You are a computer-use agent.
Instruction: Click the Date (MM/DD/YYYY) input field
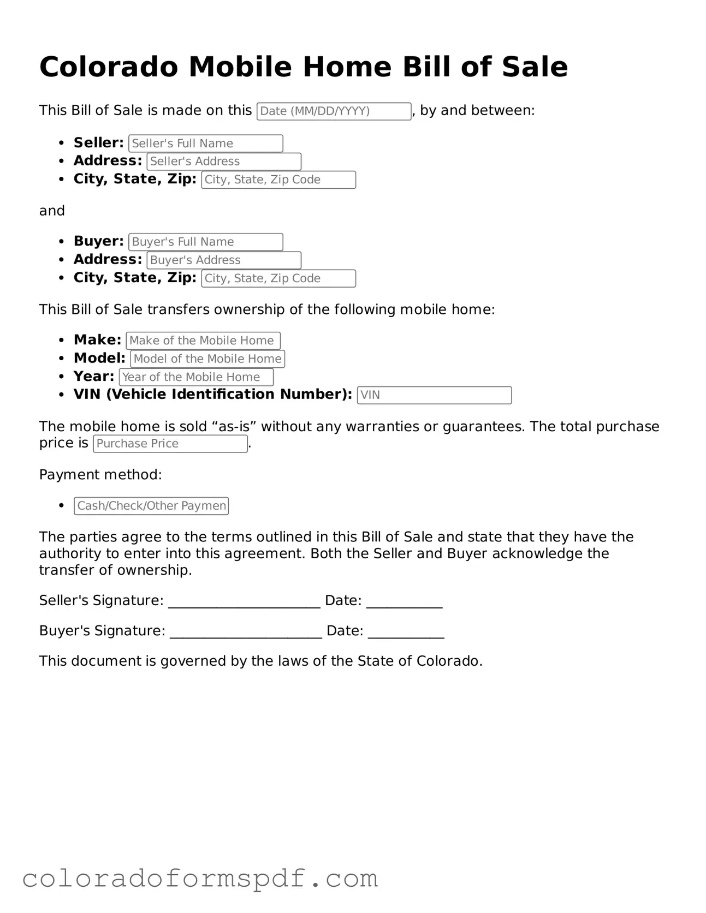pos(334,111)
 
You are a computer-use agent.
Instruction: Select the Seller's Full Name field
pos(206,144)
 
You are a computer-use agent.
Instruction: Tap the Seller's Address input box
pos(224,162)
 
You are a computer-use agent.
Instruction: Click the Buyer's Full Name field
pos(206,242)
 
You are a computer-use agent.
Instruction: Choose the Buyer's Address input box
pos(224,260)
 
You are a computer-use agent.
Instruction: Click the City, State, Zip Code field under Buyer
pos(278,278)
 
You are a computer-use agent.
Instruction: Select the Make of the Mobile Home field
pos(203,341)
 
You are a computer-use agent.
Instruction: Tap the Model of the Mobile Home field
pos(207,359)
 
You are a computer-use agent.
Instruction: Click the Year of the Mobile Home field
pos(196,377)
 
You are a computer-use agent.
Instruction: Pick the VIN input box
pos(434,395)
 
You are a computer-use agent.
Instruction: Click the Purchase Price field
pos(170,444)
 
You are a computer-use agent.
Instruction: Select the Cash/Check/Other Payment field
pos(151,506)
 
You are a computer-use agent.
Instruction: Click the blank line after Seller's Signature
pos(244,601)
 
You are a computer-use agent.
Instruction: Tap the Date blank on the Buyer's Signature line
pos(406,632)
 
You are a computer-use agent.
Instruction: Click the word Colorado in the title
pos(109,67)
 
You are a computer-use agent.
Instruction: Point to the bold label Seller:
pos(99,143)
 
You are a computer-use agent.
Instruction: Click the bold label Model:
pos(99,359)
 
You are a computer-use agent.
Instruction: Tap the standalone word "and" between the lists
pos(52,211)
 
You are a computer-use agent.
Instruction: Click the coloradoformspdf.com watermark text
pos(200,879)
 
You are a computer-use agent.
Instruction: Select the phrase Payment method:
pos(100,475)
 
